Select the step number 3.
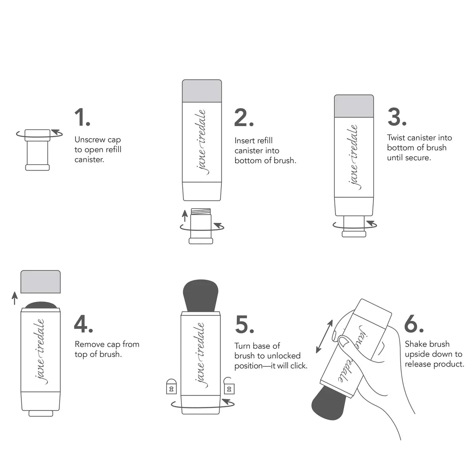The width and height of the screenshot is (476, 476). click(x=397, y=116)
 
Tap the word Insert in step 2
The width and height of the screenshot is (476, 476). click(x=244, y=140)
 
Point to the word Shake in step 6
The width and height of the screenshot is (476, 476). click(x=415, y=344)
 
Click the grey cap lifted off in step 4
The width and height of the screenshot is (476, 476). click(x=40, y=282)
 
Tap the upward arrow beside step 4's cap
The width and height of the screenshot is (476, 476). click(x=15, y=298)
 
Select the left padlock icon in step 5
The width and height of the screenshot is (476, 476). click(x=171, y=387)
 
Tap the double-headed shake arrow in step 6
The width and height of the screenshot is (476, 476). click(x=324, y=337)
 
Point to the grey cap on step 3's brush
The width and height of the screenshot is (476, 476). click(x=354, y=106)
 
